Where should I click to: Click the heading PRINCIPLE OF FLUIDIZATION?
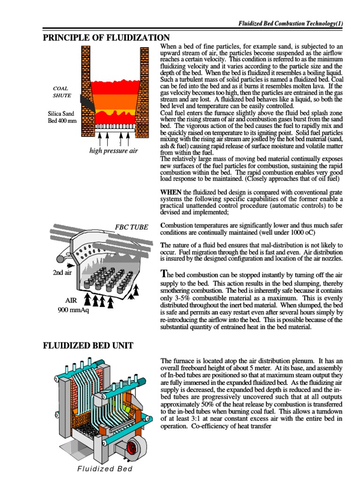106,37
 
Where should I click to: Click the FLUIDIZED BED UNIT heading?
88,346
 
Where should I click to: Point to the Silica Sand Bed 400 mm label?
61,117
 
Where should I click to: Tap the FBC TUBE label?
131,227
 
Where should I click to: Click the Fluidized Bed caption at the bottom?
105,469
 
